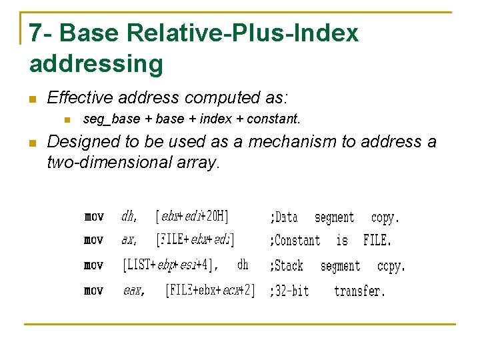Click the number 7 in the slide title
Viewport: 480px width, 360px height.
[x=36, y=33]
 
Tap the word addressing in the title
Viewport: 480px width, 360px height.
[x=96, y=64]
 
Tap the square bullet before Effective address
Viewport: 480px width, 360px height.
[x=31, y=99]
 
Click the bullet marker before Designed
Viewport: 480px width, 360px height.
[x=31, y=143]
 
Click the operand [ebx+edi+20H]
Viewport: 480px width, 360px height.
[x=192, y=217]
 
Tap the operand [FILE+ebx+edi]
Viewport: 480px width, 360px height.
[x=195, y=240]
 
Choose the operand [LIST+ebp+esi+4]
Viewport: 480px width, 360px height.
[x=171, y=265]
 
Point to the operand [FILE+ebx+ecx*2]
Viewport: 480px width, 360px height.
[x=210, y=291]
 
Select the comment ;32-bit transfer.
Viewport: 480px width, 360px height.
[x=327, y=291]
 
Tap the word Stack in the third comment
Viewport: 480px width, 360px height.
[x=289, y=266]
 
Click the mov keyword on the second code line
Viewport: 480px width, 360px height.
[x=94, y=240]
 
